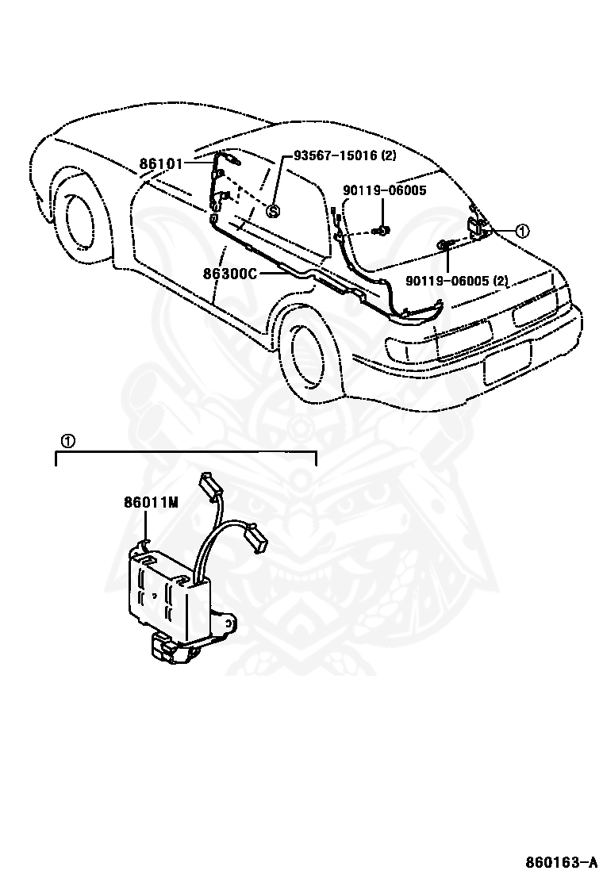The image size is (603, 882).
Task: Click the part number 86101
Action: tap(161, 163)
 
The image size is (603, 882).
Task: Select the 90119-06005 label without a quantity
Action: tap(385, 190)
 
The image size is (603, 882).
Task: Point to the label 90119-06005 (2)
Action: tap(457, 279)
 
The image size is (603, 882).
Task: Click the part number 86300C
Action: tap(229, 274)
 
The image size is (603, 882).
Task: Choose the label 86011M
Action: tap(152, 502)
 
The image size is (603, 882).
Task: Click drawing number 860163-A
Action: tap(562, 862)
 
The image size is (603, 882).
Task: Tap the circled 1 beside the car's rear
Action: tap(523, 231)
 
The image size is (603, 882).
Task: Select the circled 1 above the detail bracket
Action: tap(67, 442)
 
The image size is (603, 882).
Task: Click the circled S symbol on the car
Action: tap(272, 211)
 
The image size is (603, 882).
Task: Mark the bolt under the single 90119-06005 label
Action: tap(382, 230)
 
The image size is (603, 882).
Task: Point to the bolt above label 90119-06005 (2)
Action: tap(444, 244)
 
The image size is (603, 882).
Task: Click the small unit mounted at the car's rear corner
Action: tap(478, 226)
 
